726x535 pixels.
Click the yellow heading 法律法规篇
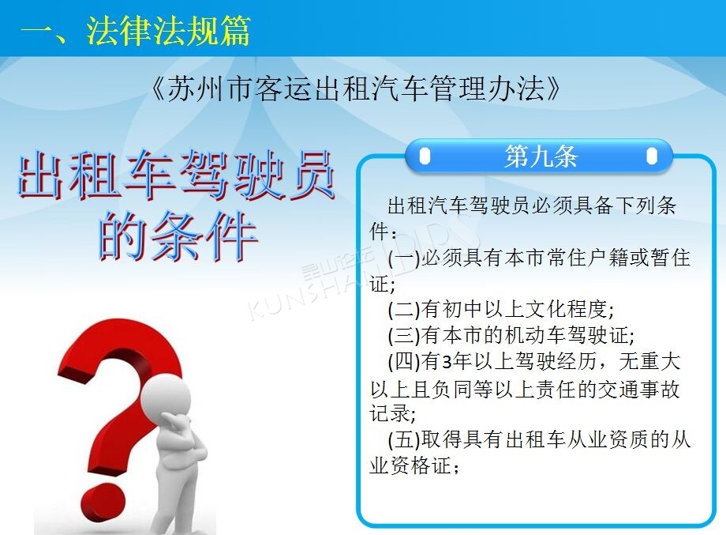click(168, 31)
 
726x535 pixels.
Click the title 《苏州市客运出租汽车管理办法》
click(355, 89)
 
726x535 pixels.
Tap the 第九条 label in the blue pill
click(541, 156)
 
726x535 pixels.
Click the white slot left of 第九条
click(425, 156)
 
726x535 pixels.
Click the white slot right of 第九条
click(652, 156)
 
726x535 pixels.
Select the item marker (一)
click(404, 258)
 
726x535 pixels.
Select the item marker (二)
click(404, 310)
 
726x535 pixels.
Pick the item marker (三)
click(404, 336)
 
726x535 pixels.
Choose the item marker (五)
click(404, 439)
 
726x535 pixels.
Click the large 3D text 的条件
click(178, 236)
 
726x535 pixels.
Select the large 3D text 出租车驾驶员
click(176, 176)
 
